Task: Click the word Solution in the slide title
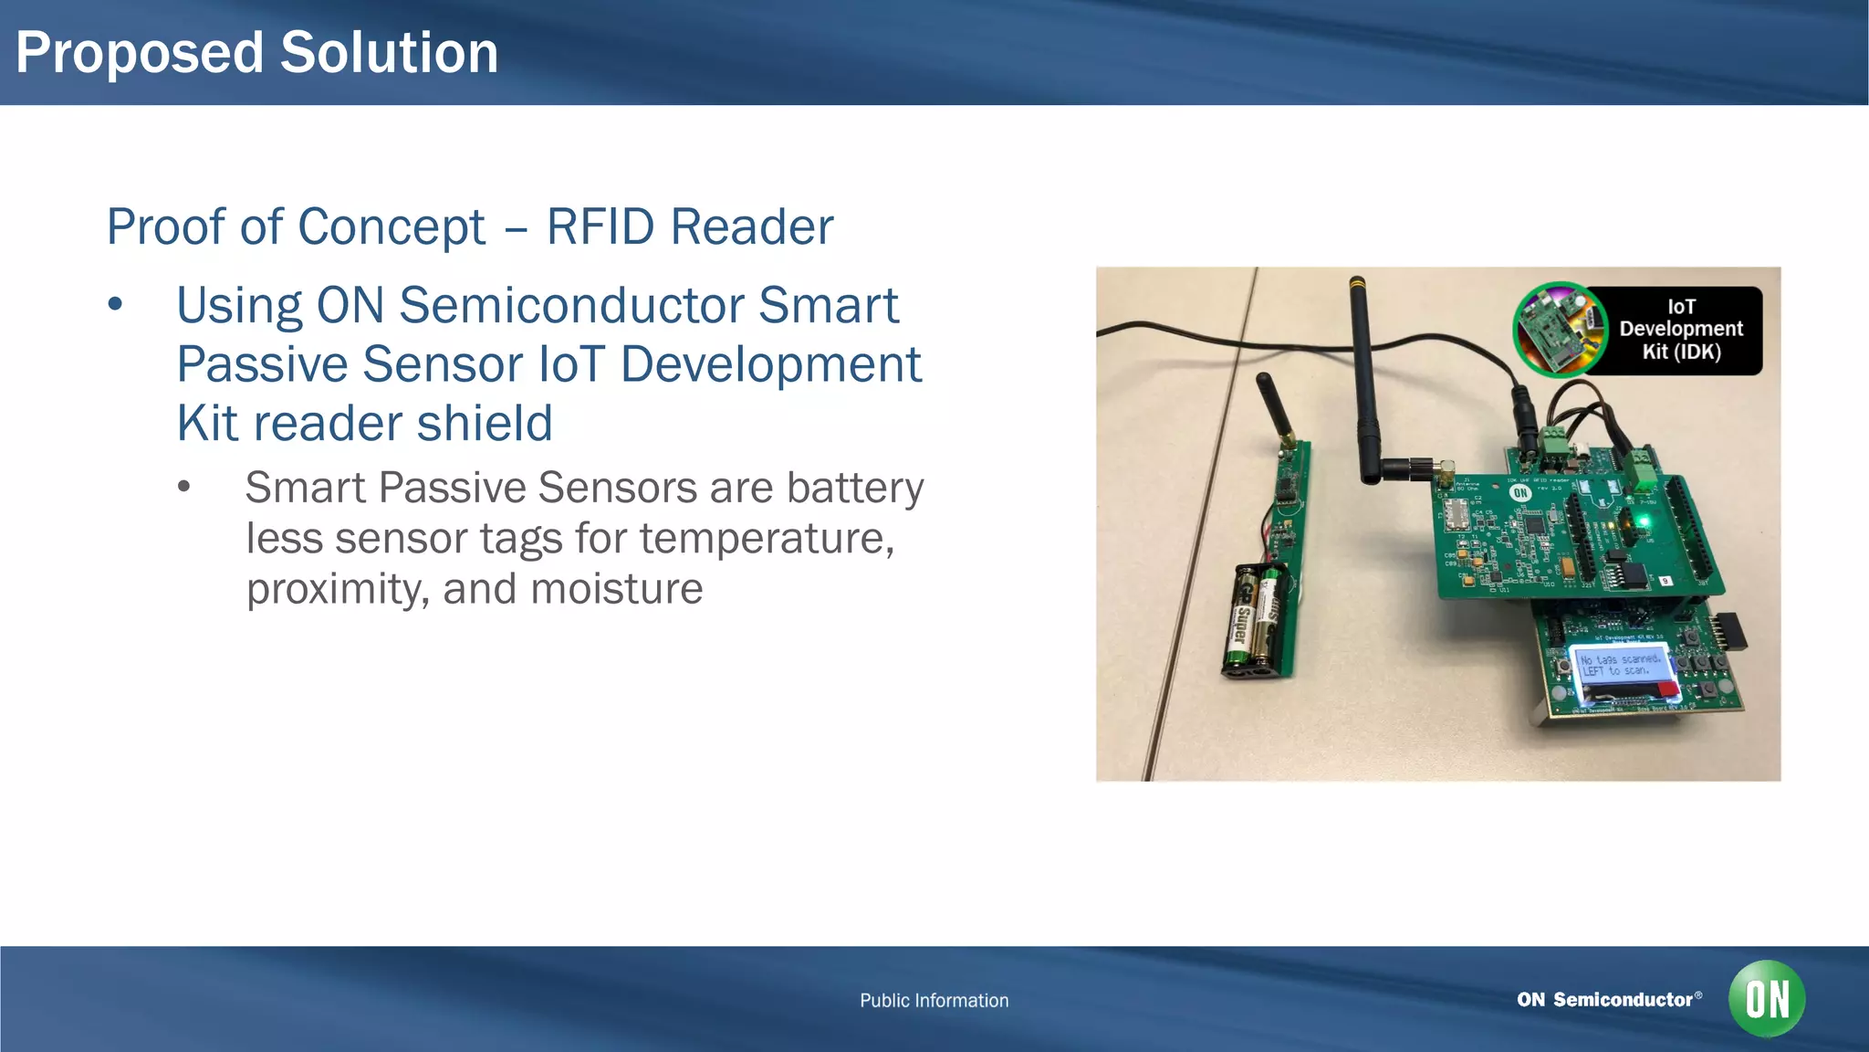[389, 53]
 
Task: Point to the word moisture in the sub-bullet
[617, 589]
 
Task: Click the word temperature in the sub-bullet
[767, 539]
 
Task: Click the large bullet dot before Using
[115, 305]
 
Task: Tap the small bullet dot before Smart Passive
[184, 488]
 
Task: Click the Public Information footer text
[934, 1001]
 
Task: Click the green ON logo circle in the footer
[1767, 999]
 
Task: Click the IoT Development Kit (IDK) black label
[1680, 330]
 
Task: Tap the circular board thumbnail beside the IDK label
[1560, 330]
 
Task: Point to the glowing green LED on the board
[1644, 522]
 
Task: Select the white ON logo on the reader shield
[1519, 493]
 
